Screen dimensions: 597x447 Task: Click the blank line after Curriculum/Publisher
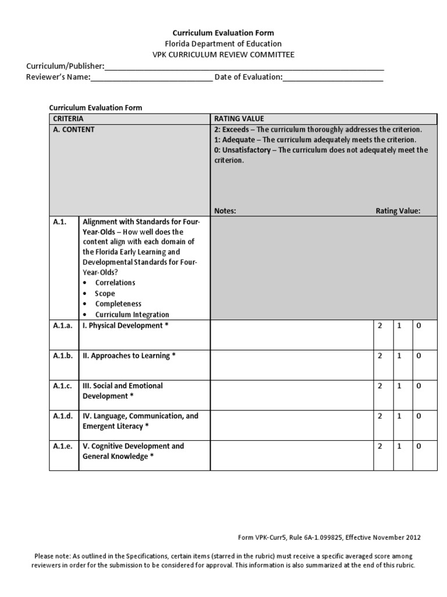coord(244,67)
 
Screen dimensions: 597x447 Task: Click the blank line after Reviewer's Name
coord(152,78)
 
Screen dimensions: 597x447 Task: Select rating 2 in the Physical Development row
coord(379,326)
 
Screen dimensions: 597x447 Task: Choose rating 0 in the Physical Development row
coord(417,326)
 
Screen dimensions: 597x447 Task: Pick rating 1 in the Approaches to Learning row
coord(399,356)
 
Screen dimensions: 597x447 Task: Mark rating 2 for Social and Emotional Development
coord(379,386)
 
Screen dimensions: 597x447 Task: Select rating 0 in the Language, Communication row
coord(417,416)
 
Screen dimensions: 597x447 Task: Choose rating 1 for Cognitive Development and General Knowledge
coord(399,447)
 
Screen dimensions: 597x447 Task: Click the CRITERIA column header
coord(68,119)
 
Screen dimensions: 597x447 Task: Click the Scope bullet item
coord(105,293)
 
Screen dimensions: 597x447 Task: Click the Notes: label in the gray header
coord(225,211)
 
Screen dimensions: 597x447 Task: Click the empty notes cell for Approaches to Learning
coord(291,364)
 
